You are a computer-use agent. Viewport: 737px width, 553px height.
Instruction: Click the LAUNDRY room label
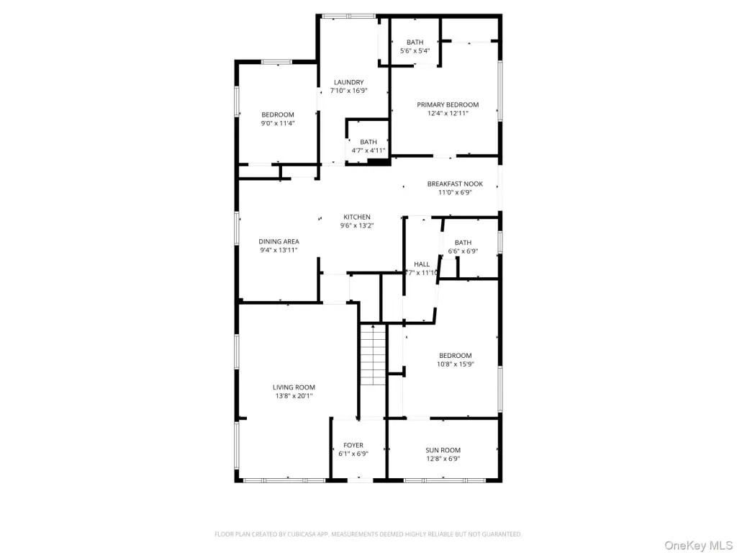click(349, 82)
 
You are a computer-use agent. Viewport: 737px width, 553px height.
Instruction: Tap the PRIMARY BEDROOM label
click(448, 105)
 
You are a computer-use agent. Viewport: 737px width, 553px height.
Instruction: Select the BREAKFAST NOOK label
click(455, 184)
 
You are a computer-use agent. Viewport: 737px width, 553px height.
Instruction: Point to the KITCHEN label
click(357, 217)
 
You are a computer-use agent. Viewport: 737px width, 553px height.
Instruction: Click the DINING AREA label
click(279, 242)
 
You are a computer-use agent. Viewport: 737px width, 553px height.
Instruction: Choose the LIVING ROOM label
click(294, 387)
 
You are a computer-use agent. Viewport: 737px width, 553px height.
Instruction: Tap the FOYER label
click(353, 445)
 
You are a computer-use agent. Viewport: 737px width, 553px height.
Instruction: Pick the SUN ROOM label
click(443, 450)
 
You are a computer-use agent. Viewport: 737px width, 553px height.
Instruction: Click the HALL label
click(422, 264)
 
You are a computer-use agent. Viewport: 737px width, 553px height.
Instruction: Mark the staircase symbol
click(374, 355)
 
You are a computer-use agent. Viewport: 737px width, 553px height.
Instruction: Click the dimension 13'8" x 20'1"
click(294, 396)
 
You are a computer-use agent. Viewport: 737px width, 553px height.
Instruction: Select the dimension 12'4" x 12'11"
click(448, 113)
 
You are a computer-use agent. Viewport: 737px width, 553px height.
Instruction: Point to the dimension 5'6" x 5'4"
click(415, 51)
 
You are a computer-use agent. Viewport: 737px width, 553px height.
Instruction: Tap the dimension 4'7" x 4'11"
click(368, 150)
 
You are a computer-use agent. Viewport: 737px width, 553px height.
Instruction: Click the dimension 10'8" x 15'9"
click(456, 364)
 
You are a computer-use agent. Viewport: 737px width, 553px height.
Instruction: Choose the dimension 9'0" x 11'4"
click(278, 123)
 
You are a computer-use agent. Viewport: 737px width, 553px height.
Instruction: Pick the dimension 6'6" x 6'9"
click(463, 251)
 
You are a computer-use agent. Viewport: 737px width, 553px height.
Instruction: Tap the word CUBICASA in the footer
click(312, 534)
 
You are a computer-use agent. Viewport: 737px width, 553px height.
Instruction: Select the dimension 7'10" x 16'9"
click(349, 91)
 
